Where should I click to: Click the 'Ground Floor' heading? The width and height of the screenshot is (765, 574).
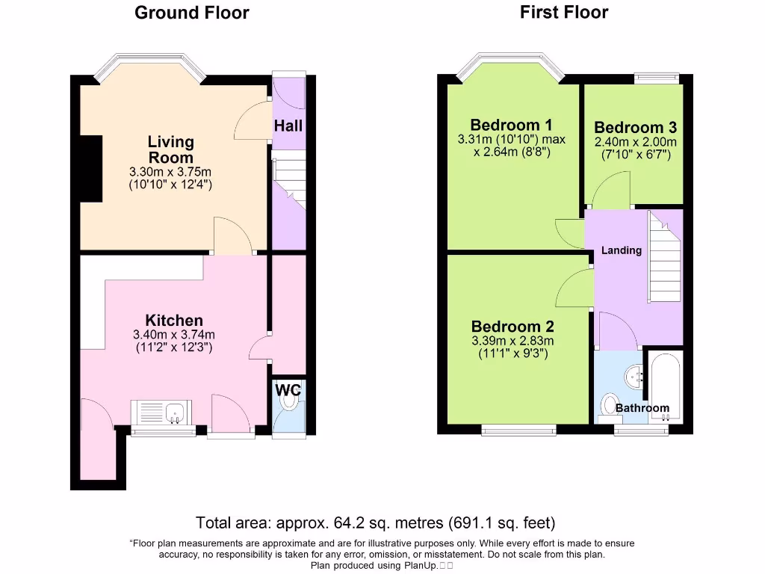click(x=191, y=13)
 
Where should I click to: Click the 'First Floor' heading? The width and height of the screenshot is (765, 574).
click(x=564, y=12)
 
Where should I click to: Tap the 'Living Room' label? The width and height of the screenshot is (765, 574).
click(x=170, y=149)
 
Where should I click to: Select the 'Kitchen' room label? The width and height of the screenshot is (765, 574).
click(x=174, y=321)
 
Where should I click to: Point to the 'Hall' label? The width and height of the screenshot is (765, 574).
click(x=288, y=126)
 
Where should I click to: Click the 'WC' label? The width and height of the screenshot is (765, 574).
click(x=288, y=389)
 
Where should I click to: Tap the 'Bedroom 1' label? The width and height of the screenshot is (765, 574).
click(x=512, y=125)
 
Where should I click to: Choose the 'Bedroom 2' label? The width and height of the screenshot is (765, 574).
click(x=512, y=327)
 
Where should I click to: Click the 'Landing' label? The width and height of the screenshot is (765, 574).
click(x=622, y=250)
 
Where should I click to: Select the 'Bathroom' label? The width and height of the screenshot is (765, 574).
click(x=642, y=408)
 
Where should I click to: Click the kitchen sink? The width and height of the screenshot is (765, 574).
click(x=176, y=411)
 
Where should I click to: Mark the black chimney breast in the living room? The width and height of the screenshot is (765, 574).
click(x=91, y=169)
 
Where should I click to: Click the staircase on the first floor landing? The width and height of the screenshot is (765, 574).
click(x=665, y=258)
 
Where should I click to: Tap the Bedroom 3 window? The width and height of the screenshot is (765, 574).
click(x=657, y=77)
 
